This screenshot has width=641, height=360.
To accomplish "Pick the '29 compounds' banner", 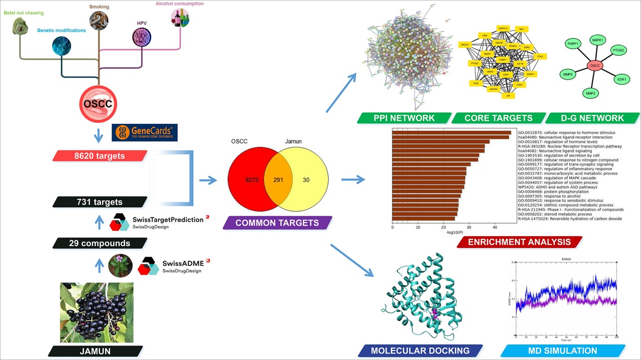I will (x=99, y=243).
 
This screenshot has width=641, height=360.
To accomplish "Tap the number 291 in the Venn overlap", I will (x=278, y=180).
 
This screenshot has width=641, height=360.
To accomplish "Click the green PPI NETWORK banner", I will (x=404, y=118).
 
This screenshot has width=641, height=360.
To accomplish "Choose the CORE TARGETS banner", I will (x=498, y=118).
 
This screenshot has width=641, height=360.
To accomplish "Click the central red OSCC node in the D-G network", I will (x=593, y=66).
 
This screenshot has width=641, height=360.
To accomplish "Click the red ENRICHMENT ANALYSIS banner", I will (x=519, y=242).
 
